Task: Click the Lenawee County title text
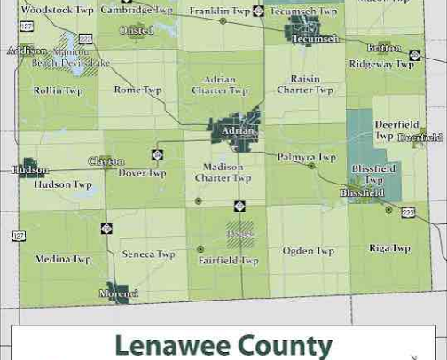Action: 223,344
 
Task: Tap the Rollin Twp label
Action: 58,90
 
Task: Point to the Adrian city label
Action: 238,131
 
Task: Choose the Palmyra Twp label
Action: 307,157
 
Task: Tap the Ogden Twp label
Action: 309,251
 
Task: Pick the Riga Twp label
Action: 389,248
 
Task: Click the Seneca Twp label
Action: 149,254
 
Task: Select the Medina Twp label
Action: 64,259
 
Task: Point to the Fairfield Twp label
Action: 228,261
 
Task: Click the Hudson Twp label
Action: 63,184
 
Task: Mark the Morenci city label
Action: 119,293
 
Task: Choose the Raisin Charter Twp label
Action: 305,84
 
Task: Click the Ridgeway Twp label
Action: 381,64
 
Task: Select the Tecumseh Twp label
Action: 303,12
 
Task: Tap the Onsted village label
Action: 137,30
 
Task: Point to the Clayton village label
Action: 106,161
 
